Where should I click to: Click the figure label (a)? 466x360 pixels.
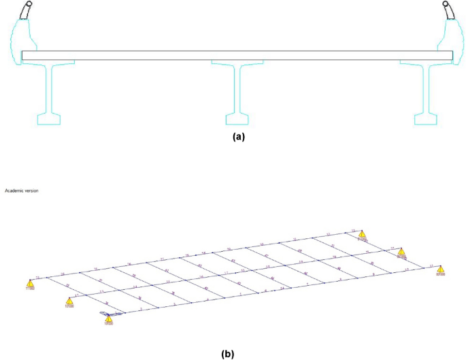[237, 136]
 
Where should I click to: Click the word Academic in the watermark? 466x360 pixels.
[14, 191]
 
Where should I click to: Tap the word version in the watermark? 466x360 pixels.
[31, 191]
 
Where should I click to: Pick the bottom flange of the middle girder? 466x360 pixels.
[237, 120]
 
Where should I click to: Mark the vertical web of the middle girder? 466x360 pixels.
[237, 91]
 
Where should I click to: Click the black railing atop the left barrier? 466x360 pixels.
[27, 10]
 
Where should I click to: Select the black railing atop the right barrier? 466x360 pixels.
[449, 10]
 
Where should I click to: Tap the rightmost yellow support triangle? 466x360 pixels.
[440, 268]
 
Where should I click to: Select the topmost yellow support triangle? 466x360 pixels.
[363, 235]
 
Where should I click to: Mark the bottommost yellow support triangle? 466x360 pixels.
[108, 318]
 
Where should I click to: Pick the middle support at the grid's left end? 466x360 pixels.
[69, 301]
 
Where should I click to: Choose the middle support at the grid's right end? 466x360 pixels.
[401, 252]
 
